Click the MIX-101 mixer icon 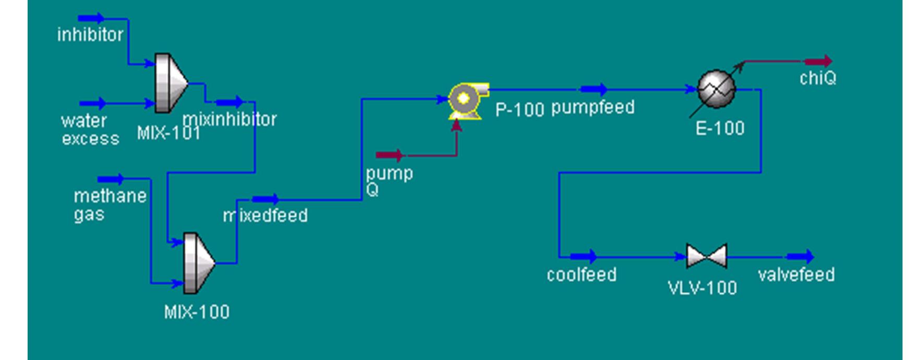[x=170, y=82]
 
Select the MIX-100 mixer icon [x=199, y=263]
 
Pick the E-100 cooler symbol [x=717, y=90]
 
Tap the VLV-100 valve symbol [x=707, y=256]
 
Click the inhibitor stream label [x=90, y=35]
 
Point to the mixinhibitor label [x=230, y=119]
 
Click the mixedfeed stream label [x=265, y=215]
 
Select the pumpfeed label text [x=593, y=107]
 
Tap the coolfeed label [x=581, y=274]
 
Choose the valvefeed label [x=796, y=274]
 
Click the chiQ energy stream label [x=818, y=78]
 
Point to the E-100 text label [x=720, y=128]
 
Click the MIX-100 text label [x=197, y=312]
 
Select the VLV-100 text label [x=702, y=288]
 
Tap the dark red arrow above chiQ [x=818, y=62]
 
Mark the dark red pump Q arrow [x=390, y=155]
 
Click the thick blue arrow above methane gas [x=111, y=179]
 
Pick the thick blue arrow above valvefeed [x=800, y=256]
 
